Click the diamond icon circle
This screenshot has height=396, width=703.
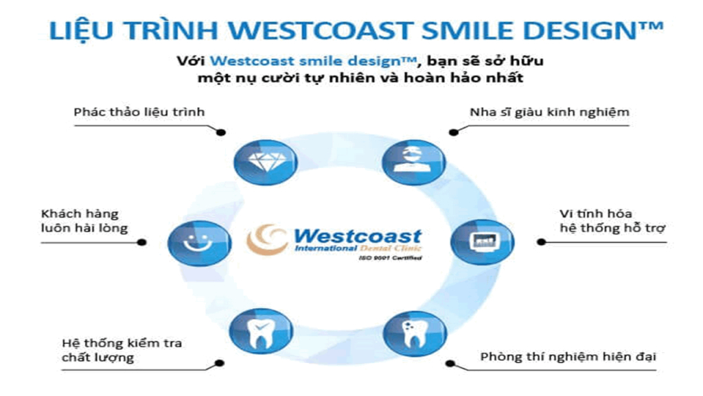(266, 163)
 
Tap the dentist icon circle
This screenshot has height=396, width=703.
(414, 163)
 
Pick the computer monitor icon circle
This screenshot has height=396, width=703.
(483, 242)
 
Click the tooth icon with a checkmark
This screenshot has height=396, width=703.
(261, 332)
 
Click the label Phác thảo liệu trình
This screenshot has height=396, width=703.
(139, 112)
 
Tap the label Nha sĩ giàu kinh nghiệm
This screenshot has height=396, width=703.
(549, 112)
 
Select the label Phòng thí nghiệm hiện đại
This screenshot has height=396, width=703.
(568, 357)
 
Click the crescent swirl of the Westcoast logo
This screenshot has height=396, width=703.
(266, 239)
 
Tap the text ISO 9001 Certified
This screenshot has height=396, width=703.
(390, 258)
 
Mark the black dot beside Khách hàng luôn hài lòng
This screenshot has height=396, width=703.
(141, 242)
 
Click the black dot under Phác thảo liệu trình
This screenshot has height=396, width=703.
(220, 132)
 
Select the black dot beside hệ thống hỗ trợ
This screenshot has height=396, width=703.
(542, 242)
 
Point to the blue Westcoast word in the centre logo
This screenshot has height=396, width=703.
(357, 235)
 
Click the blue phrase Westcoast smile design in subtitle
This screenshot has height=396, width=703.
(312, 61)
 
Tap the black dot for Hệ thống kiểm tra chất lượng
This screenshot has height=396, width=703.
(219, 363)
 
